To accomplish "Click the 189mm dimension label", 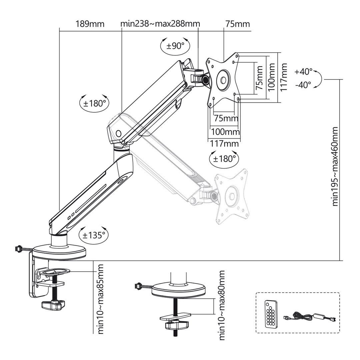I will click(x=90, y=24).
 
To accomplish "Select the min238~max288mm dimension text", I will click(x=160, y=24).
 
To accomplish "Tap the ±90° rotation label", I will click(x=175, y=46).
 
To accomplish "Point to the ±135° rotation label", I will click(x=94, y=235).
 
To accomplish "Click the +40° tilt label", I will click(x=303, y=72).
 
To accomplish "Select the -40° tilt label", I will click(x=303, y=85).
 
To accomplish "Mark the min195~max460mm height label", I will click(x=335, y=167).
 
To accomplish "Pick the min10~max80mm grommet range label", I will click(x=221, y=305).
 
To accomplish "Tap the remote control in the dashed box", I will click(x=270, y=313).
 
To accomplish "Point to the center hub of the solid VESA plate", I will click(x=223, y=80).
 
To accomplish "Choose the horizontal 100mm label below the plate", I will click(x=225, y=132).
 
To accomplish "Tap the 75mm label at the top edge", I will click(x=237, y=24).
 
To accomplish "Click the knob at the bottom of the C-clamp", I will click(x=52, y=305).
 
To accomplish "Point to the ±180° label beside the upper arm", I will click(x=94, y=103).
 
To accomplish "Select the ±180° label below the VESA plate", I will click(x=224, y=159).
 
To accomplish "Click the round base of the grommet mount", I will click(x=178, y=290).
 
